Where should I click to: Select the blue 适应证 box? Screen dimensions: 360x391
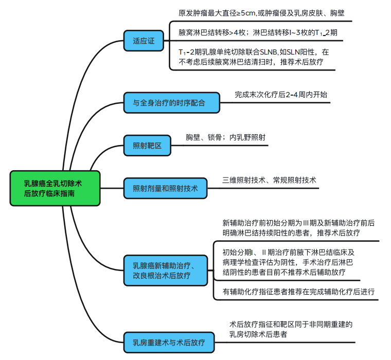(x=143, y=40)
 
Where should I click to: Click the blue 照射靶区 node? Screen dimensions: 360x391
(x=147, y=146)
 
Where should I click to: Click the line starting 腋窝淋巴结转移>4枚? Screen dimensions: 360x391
(x=257, y=32)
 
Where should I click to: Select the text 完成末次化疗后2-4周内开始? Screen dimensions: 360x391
(x=281, y=95)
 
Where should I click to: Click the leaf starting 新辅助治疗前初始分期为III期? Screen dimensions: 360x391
(x=298, y=228)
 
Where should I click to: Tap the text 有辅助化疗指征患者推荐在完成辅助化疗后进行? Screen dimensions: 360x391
(x=298, y=292)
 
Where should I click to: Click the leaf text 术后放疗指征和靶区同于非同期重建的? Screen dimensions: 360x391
(x=291, y=329)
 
